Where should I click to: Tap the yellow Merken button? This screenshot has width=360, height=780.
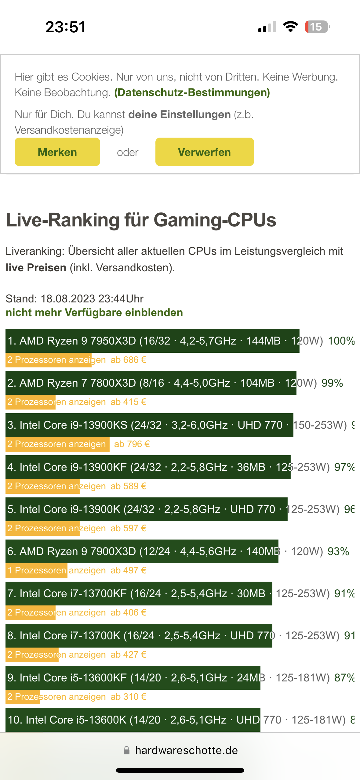pos(57,152)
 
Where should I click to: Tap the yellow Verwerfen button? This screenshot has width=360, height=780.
pos(204,152)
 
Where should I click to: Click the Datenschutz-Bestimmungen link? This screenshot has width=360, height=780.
pos(192,92)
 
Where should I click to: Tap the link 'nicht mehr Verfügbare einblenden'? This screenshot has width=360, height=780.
pos(94,312)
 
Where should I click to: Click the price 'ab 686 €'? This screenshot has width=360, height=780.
pos(129,360)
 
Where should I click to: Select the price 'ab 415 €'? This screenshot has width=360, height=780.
pos(129,402)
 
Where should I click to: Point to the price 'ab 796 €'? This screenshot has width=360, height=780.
pos(132,444)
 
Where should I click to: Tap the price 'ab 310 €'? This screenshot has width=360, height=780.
pos(129,697)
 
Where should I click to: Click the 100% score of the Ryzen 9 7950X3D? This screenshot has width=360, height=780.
pos(341,341)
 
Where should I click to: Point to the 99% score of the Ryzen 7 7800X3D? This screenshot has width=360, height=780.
pos(332,383)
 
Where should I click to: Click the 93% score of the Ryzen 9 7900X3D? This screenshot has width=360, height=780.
pos(338,551)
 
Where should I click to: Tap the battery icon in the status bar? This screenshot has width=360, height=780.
pos(317,27)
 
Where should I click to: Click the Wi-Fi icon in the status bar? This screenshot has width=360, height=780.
pos(290,27)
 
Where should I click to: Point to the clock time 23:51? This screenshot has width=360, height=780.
pos(66,27)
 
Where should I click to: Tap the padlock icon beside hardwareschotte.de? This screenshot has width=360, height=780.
pos(126,750)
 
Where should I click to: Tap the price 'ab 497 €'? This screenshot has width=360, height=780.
pos(129,570)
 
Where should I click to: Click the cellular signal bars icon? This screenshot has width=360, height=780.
pos(267,27)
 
